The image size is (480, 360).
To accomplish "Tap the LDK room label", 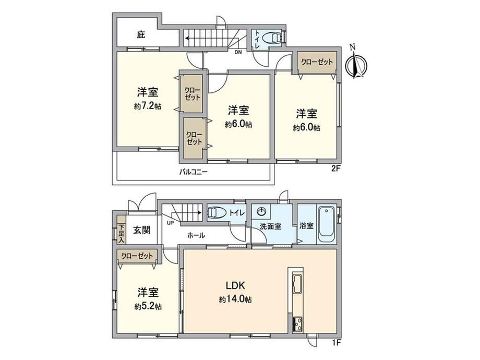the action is [x=235, y=286].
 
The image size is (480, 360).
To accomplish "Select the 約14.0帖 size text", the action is [x=235, y=299].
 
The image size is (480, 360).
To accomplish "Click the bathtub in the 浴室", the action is [x=327, y=225].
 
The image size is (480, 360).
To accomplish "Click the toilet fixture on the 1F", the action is [x=217, y=213].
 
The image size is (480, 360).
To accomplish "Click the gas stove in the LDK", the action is [x=297, y=323].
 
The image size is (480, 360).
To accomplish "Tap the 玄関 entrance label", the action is [x=141, y=230].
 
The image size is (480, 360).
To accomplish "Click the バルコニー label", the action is [x=193, y=172].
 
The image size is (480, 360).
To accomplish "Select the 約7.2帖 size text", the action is [x=148, y=106].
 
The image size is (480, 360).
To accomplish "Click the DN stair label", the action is [x=238, y=52].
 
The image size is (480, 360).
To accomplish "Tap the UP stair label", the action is [x=170, y=223].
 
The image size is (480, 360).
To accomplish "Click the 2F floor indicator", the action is [x=336, y=169].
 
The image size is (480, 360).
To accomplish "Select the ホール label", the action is [x=196, y=235].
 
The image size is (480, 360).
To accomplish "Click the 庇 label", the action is [x=140, y=35].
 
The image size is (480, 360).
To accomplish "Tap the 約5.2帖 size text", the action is [x=148, y=306].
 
